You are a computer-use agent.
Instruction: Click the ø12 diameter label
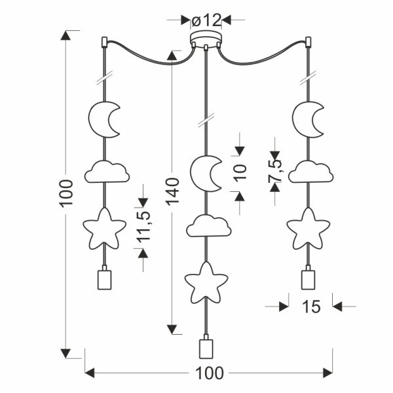[x=206, y=20]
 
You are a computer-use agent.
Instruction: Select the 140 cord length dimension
[x=173, y=192]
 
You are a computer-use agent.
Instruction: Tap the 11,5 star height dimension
[x=144, y=227]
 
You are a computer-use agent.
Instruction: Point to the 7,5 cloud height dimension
[x=274, y=172]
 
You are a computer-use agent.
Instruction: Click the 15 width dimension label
[x=311, y=307]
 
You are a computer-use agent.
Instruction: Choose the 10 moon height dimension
[x=240, y=172]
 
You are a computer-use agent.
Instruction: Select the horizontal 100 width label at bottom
[x=209, y=373]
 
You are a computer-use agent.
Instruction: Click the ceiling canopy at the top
[x=206, y=39]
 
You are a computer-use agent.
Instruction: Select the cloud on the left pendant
[x=107, y=172]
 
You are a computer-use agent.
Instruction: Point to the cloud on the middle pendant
[x=208, y=226]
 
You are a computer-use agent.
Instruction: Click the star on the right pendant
[x=308, y=229]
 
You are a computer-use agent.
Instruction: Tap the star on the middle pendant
[x=206, y=282]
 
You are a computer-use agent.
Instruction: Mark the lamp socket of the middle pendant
[x=206, y=347]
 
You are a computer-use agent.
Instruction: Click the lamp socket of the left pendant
[x=104, y=278]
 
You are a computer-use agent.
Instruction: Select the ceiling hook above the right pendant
[x=309, y=42]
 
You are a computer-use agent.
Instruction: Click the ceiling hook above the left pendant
[x=104, y=42]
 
